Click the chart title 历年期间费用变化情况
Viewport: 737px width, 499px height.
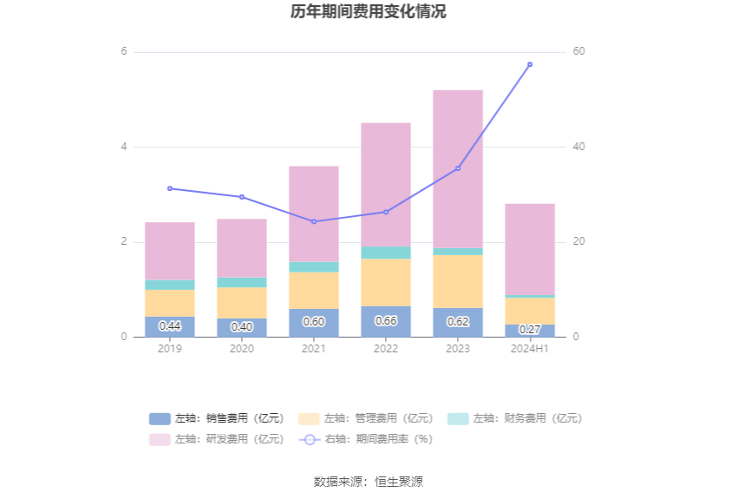[x=368, y=12]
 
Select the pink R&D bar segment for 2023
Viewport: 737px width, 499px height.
[x=458, y=169]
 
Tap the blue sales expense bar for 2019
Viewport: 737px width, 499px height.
[x=170, y=327]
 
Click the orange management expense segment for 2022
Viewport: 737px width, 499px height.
[x=386, y=282]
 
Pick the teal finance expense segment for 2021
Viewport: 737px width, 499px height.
[x=314, y=266]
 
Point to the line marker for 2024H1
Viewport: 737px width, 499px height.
[x=530, y=64]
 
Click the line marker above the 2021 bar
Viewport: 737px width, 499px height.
[x=314, y=221]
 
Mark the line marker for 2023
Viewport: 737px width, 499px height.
[x=458, y=168]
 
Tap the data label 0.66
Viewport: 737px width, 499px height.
[x=386, y=321]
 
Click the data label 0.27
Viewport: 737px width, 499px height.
[x=530, y=330]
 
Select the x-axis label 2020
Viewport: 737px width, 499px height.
[x=242, y=349]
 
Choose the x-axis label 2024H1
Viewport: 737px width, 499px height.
[x=530, y=349]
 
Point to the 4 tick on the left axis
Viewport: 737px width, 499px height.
[x=124, y=147]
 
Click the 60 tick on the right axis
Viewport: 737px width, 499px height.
[x=578, y=52]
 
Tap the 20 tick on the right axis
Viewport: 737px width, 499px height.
[x=578, y=242]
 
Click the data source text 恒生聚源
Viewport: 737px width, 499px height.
[x=399, y=482]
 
